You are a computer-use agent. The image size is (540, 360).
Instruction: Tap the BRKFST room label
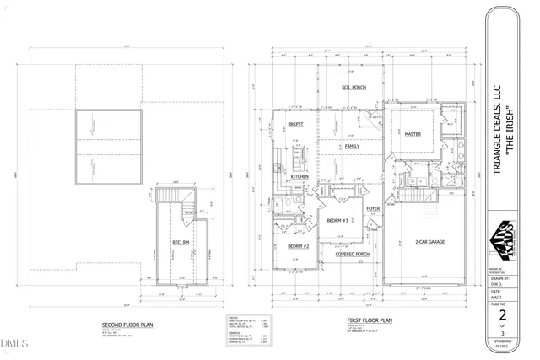point(295,125)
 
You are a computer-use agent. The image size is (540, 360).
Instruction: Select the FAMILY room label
point(352,146)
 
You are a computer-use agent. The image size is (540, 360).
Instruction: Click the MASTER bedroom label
point(413,134)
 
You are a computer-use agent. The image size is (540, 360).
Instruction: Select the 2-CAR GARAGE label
point(429,242)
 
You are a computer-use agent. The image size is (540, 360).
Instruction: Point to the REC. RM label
point(181,244)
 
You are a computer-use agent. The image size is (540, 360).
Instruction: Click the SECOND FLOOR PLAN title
point(127,324)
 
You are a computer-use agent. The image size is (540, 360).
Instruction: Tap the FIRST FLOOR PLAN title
point(371,320)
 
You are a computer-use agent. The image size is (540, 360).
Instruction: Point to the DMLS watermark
point(15,343)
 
